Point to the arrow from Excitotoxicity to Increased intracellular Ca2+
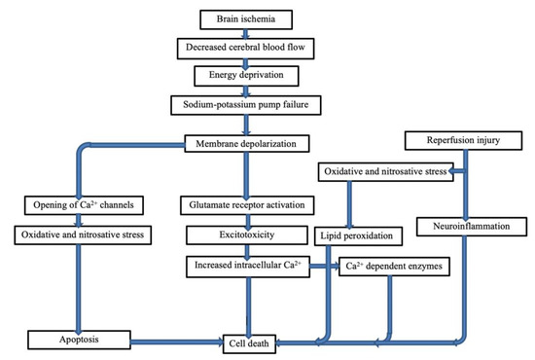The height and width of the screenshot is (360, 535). (245, 250)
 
